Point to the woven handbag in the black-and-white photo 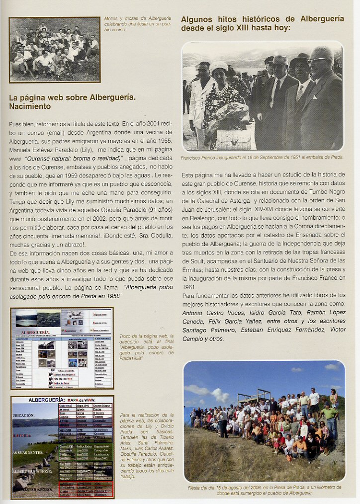(x=233, y=139)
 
